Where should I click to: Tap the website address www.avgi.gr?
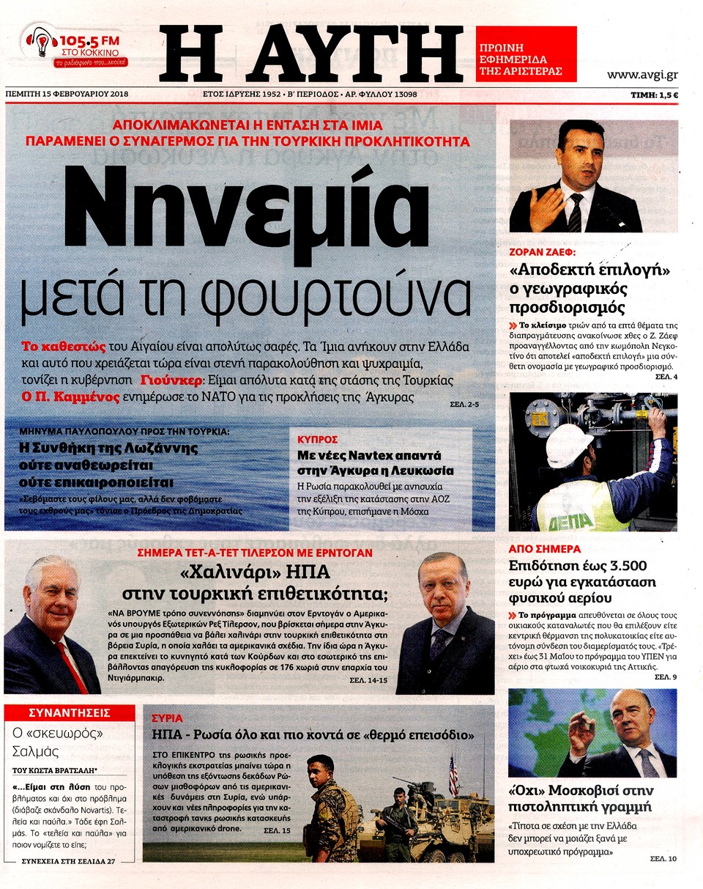pos(641,74)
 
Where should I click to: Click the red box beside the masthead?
pos(526,54)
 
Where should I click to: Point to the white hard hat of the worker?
pos(570,443)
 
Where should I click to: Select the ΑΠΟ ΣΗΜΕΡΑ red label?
pos(545,548)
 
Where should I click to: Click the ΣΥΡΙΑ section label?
pos(167,718)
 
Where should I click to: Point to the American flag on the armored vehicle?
pos(453,775)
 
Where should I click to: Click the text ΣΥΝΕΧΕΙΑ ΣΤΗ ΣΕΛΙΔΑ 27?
pos(69,860)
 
